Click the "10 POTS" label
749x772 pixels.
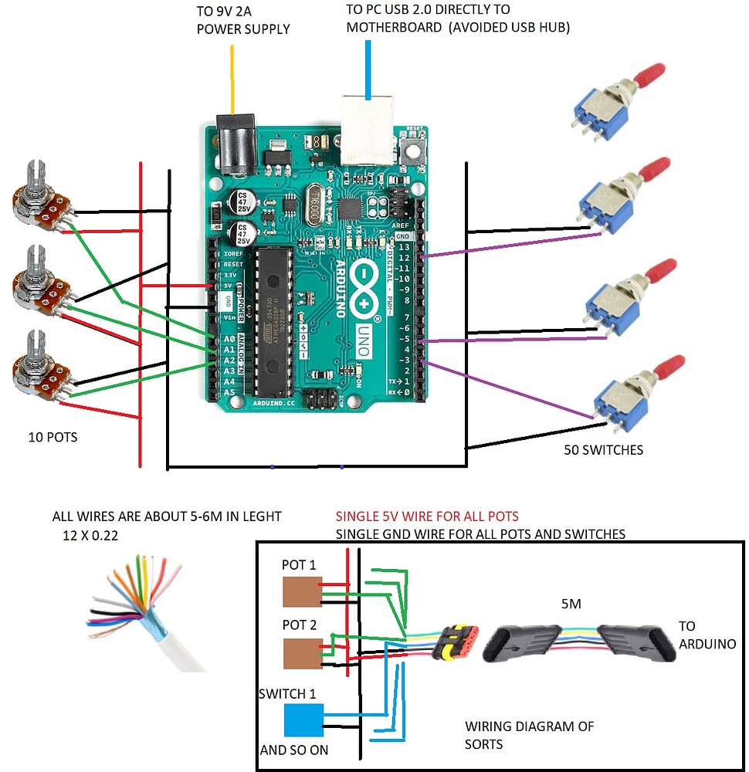pos(52,437)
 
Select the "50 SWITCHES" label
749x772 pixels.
pos(603,449)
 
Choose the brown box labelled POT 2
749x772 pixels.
pos(301,653)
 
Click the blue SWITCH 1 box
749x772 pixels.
pos(304,720)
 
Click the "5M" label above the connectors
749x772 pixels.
pos(571,605)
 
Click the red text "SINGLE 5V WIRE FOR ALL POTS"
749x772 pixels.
pos(426,516)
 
